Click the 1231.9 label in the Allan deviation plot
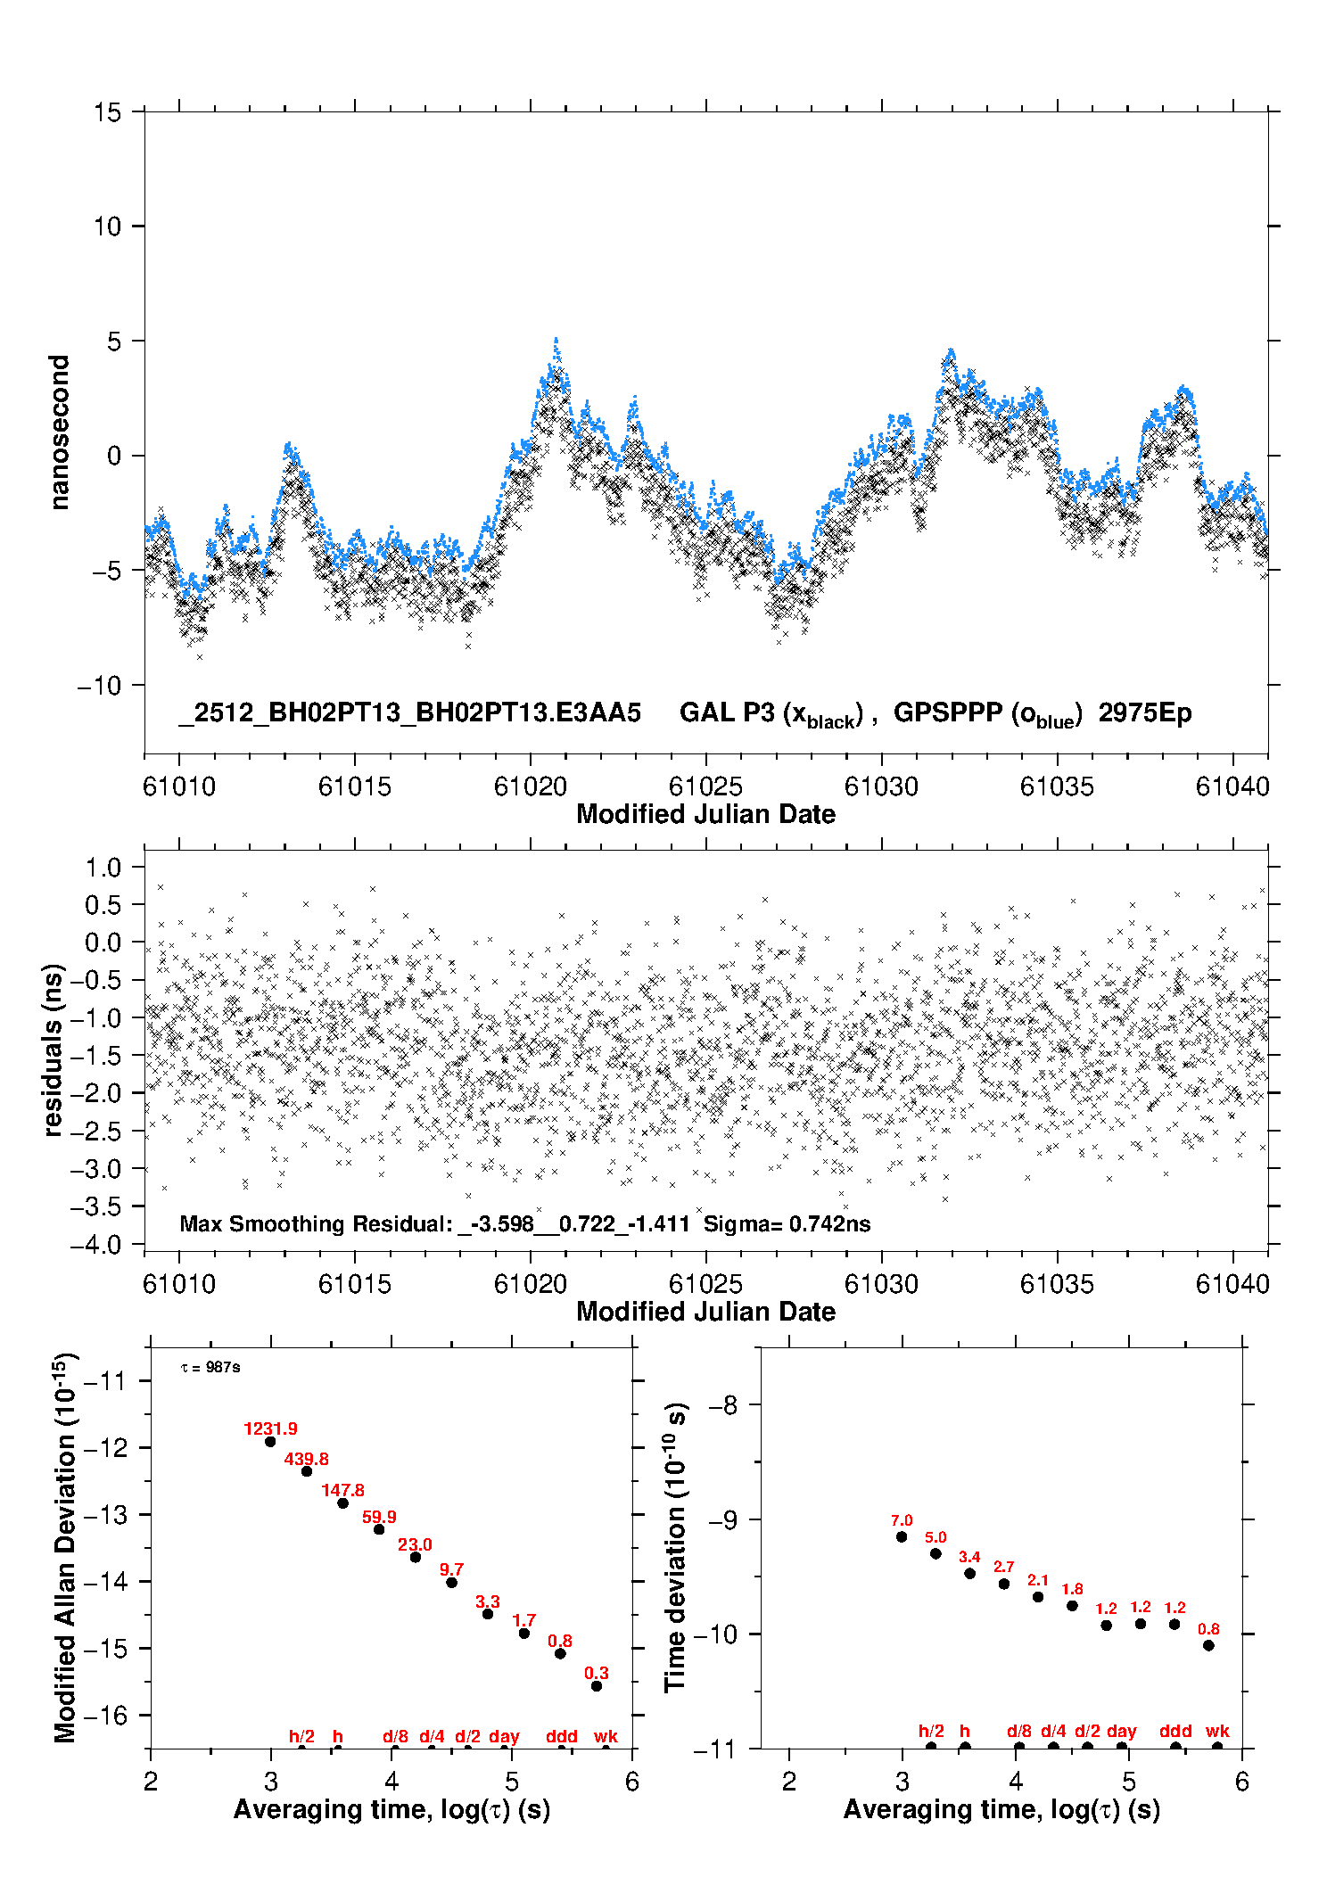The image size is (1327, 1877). click(270, 1428)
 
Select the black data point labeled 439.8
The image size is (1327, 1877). click(307, 1470)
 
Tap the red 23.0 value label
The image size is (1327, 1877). click(415, 1544)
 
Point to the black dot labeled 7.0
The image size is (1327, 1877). click(902, 1536)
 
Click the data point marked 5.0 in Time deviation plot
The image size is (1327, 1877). click(935, 1553)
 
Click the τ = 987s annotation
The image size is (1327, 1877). click(210, 1367)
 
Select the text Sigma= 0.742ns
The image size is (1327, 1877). click(787, 1223)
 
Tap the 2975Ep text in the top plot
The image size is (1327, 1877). click(1144, 713)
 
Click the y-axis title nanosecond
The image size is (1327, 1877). click(60, 432)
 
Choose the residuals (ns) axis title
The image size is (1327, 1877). click(54, 1050)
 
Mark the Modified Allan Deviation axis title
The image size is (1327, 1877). click(64, 1547)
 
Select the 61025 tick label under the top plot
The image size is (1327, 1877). click(705, 786)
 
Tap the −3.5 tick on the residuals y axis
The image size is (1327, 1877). click(101, 1206)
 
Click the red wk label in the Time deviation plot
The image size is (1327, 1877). click(1217, 1731)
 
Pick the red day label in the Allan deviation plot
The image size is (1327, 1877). click(504, 1736)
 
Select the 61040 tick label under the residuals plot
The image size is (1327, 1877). click(1232, 1284)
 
